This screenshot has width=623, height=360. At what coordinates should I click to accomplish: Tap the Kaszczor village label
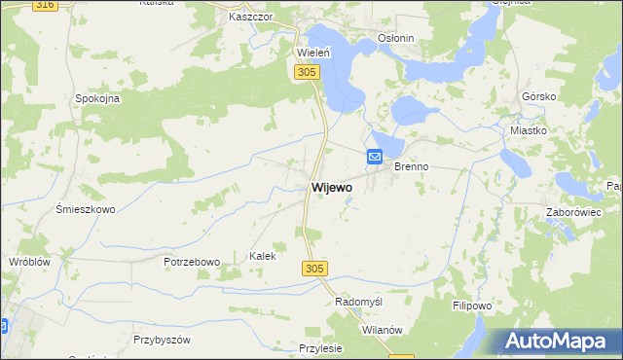(x=248, y=18)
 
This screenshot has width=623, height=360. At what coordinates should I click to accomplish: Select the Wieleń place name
(x=315, y=53)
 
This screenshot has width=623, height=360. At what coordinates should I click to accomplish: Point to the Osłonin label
(x=396, y=39)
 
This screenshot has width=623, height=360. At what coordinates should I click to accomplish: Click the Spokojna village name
(x=97, y=98)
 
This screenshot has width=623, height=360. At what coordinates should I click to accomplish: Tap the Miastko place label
(x=529, y=129)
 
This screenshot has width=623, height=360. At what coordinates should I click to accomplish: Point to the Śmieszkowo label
(x=86, y=209)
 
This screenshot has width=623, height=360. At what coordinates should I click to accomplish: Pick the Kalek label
(x=263, y=256)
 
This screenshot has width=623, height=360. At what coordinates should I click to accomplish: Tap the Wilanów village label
(x=383, y=330)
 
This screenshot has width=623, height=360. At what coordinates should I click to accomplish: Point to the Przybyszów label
(x=162, y=340)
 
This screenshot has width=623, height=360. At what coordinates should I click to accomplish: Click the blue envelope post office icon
(x=375, y=156)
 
